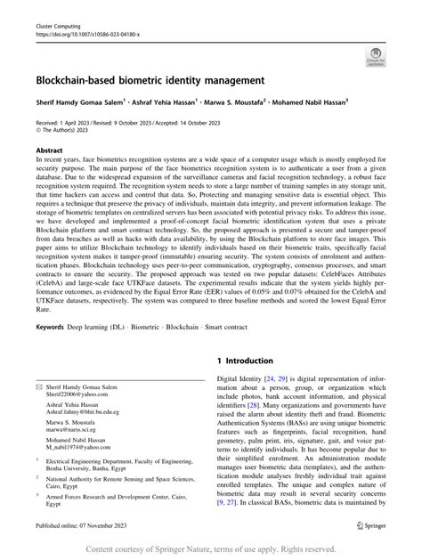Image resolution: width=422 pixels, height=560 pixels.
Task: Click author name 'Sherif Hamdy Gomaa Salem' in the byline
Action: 78,102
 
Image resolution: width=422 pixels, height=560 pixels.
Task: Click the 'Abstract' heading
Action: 49,152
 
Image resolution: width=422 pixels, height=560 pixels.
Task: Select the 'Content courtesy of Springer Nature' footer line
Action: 210,548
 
